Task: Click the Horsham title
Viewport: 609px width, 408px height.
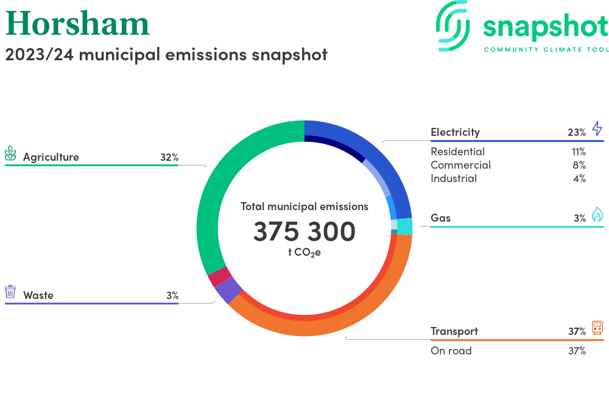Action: (77, 23)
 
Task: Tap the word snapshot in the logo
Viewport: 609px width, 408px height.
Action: (545, 27)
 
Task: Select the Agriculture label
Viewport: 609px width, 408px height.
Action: (51, 157)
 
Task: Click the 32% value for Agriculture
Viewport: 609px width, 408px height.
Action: (169, 157)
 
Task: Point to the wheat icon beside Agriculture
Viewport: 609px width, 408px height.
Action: (10, 153)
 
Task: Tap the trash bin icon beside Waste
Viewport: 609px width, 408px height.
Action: (10, 292)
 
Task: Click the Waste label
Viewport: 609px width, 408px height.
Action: (38, 295)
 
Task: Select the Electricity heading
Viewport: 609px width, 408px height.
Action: (455, 132)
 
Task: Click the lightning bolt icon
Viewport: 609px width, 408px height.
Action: (597, 128)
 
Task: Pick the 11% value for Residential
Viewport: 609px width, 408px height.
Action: (578, 152)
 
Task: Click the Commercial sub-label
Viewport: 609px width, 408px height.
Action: (460, 165)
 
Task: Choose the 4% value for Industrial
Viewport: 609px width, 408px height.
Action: (579, 178)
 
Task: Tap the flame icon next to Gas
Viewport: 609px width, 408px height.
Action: (597, 214)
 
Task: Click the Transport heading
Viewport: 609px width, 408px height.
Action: (454, 331)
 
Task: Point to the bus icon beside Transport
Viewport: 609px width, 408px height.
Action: (597, 328)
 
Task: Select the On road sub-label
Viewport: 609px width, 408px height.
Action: (451, 351)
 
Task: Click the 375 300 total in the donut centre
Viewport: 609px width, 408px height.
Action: (304, 232)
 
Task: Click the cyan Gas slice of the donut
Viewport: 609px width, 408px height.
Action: (404, 227)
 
